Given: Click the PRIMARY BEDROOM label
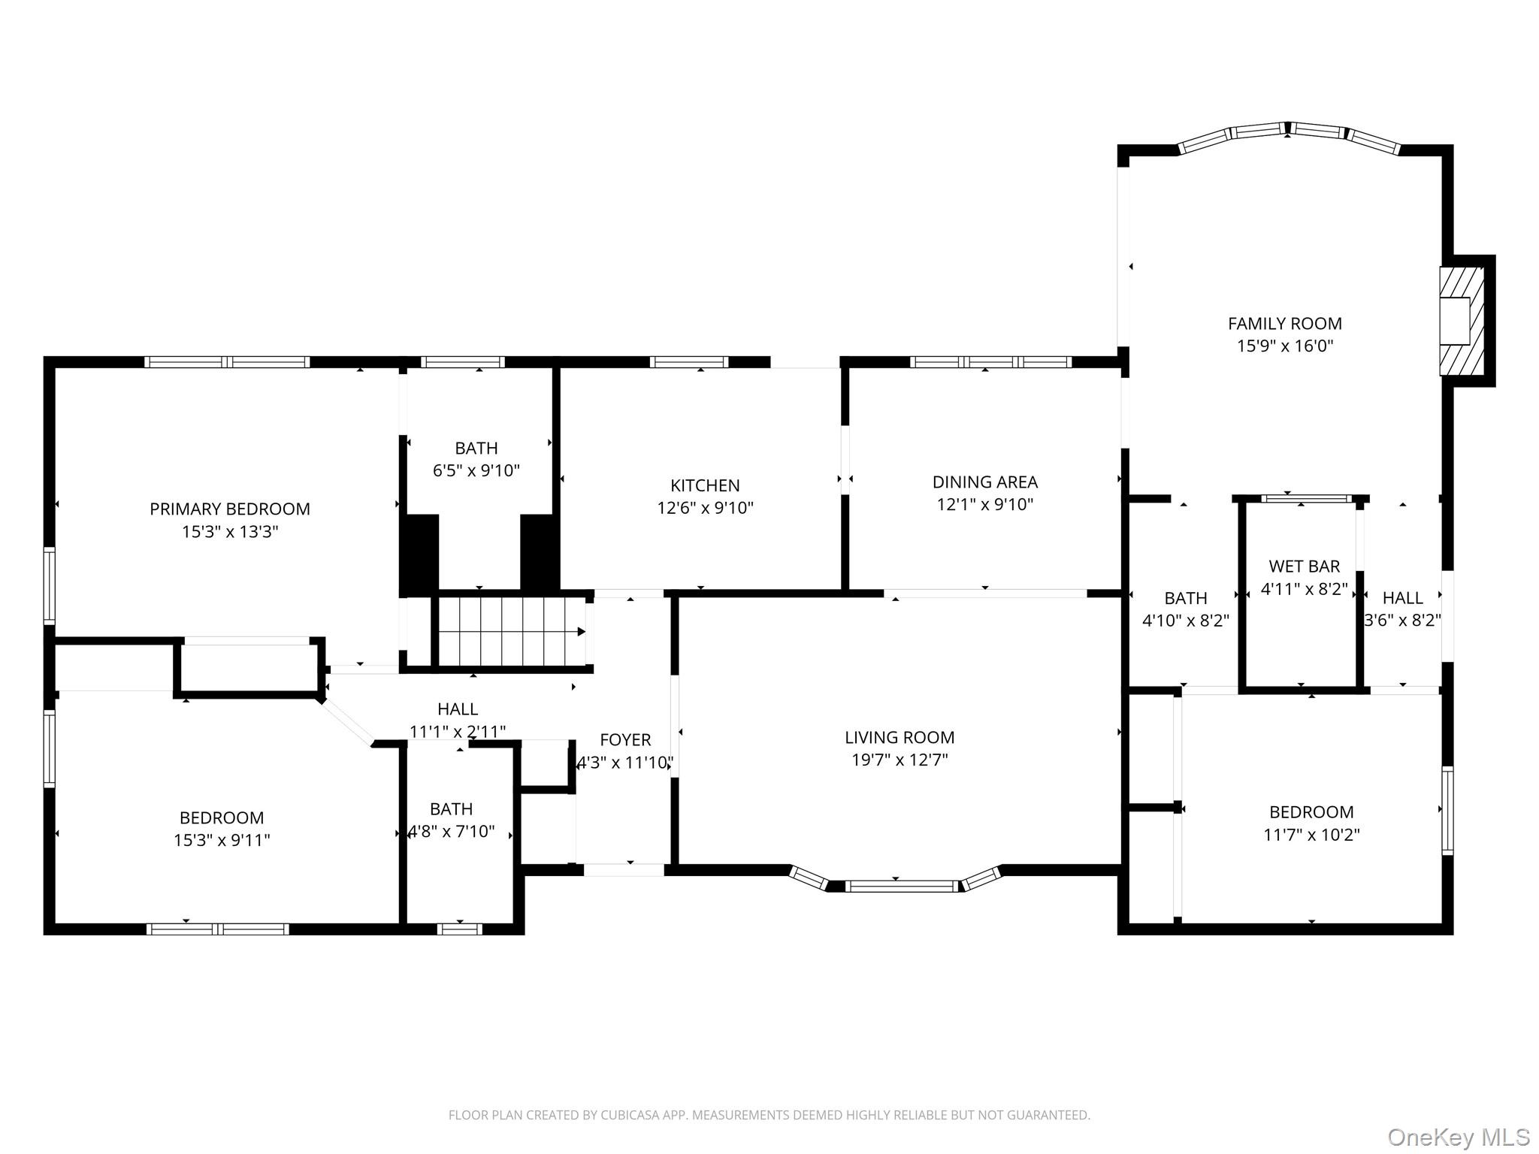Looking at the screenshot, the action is click(x=230, y=509).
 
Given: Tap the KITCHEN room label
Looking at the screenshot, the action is click(x=705, y=485).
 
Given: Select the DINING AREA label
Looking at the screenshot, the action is click(x=985, y=482).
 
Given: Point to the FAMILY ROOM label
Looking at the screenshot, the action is click(x=1285, y=324).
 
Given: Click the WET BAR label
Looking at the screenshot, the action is click(x=1305, y=566).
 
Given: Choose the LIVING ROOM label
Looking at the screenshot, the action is click(x=900, y=738).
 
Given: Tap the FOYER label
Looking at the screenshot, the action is click(x=625, y=740).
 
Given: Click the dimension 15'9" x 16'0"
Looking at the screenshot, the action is click(x=1285, y=346).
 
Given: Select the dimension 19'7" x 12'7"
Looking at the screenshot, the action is click(x=900, y=760).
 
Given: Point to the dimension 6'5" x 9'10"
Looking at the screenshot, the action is click(x=476, y=471).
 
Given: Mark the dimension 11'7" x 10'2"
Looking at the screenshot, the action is click(x=1312, y=835).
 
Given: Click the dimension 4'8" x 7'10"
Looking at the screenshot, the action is click(x=452, y=832).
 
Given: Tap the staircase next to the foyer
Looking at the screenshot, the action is click(x=511, y=631).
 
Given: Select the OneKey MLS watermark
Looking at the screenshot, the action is click(x=1458, y=1137).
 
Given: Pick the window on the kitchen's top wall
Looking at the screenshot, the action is click(x=689, y=362).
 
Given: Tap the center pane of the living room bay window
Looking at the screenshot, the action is click(x=903, y=887).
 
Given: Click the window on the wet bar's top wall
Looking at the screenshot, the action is click(x=1305, y=498).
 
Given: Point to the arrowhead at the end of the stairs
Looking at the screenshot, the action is click(x=582, y=632).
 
